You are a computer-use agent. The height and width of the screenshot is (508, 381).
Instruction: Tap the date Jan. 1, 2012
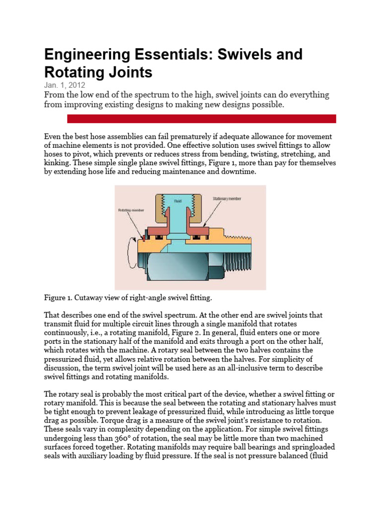(x=64, y=85)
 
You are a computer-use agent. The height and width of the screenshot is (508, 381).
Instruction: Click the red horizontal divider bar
(x=201, y=119)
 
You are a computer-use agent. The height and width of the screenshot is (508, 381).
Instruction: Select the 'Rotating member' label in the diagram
(x=132, y=210)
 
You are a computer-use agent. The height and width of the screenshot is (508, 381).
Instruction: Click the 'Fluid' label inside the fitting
(x=178, y=201)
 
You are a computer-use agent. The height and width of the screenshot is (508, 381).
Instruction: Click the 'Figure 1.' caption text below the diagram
(x=59, y=298)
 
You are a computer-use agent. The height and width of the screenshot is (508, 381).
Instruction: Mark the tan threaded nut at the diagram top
(x=178, y=208)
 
